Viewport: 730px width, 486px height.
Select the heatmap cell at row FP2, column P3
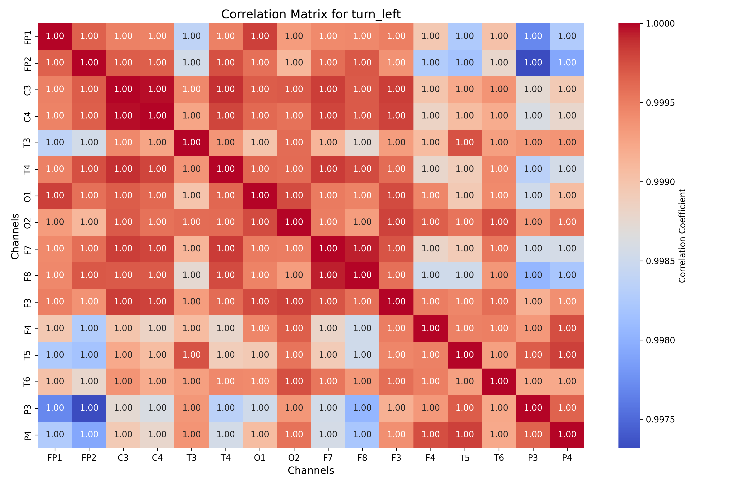coord(533,63)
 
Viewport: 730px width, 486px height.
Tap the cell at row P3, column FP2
coord(89,408)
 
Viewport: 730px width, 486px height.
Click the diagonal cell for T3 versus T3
coord(191,143)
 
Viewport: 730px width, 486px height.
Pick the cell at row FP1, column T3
coord(191,36)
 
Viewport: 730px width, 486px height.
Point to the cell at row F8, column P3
coord(533,275)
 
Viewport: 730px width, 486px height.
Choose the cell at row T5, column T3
coord(191,355)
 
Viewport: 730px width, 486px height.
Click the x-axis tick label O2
coord(294,458)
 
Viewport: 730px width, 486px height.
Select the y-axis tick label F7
coord(28,249)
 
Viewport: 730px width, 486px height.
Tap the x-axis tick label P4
coord(567,458)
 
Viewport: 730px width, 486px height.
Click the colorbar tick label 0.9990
coord(660,182)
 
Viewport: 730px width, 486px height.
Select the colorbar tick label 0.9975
coord(660,420)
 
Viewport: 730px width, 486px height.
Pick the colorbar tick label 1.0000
coord(660,23)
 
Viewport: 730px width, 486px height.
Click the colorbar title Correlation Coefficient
coord(682,236)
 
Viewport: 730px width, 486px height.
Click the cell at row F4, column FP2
coord(89,328)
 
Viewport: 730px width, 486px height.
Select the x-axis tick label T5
coord(465,458)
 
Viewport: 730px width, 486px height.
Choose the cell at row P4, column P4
coord(567,435)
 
